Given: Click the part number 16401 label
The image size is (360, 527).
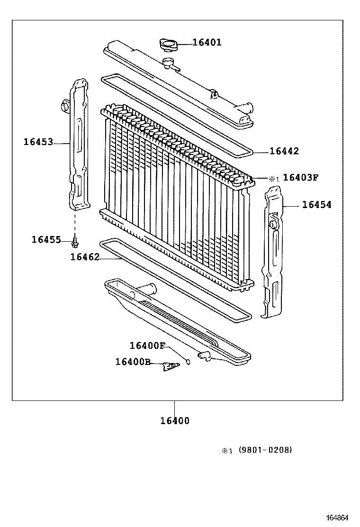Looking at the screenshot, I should pos(207,42).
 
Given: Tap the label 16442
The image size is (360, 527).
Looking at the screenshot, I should pos(284,151).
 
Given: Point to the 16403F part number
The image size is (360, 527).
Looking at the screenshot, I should pos(300,178).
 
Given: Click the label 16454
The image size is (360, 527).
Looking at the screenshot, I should pos(316,205).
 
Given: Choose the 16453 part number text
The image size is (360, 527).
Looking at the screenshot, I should pos(38,141).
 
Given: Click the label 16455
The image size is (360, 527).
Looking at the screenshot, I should pos(46,240).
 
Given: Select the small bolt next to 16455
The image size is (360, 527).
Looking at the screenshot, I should pos(74,243).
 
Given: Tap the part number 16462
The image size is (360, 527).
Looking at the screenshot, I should pos(85,257).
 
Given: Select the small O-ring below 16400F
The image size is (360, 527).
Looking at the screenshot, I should pos(188,362).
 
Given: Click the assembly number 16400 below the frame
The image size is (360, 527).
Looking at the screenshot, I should pos(174,420).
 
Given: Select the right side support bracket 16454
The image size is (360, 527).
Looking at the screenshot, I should pos(273,251).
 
